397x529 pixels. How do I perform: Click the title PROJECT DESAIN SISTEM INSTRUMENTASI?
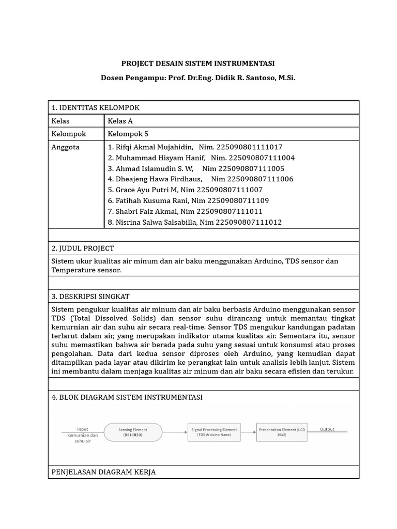(x=198, y=64)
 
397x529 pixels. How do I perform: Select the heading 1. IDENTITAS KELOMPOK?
(x=96, y=107)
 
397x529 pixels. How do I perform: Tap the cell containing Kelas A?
(x=120, y=121)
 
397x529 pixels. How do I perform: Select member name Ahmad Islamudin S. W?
(x=154, y=168)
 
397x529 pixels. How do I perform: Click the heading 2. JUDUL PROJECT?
(x=83, y=248)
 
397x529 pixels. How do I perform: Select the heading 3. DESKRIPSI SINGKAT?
(x=90, y=297)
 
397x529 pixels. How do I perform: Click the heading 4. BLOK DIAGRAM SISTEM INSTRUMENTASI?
(x=127, y=397)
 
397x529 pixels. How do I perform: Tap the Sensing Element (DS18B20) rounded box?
(x=133, y=432)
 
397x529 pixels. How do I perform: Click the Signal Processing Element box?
(x=213, y=432)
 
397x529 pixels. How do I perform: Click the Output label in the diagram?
(x=327, y=429)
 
